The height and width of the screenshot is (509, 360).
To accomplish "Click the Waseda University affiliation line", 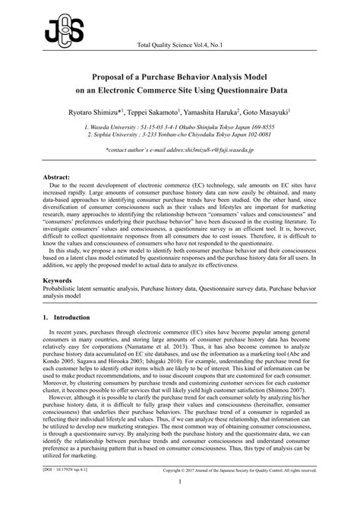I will pos(179,128).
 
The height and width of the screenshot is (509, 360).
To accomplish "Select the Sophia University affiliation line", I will pos(179,136).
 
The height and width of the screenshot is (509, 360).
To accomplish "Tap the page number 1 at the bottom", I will pos(179,501).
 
